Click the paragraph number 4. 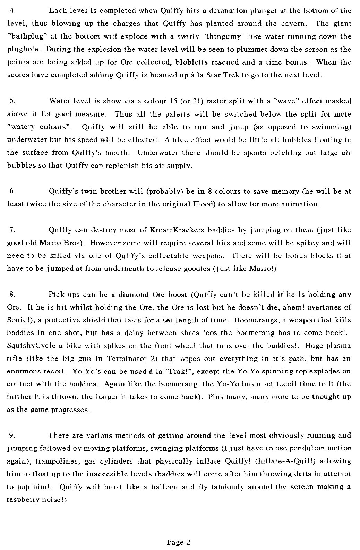coord(12,10)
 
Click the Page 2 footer coord(179,542)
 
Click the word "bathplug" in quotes coord(23,36)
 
